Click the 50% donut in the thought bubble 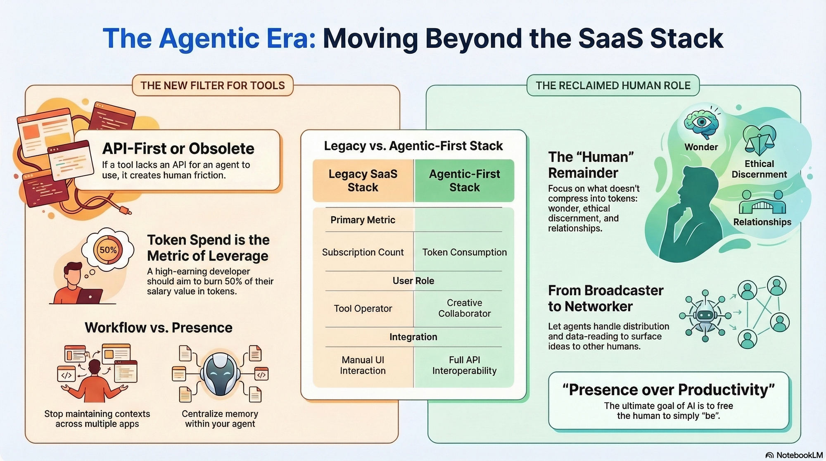[x=108, y=250]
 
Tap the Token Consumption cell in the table [x=464, y=252]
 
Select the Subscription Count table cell [x=363, y=252]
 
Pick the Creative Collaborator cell [x=464, y=308]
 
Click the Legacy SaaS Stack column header [x=363, y=181]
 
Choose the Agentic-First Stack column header [x=464, y=181]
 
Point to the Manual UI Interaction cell [x=363, y=365]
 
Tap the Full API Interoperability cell [x=464, y=365]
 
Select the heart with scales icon [x=759, y=140]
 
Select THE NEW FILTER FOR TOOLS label [x=213, y=86]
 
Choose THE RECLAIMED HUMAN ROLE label [x=613, y=86]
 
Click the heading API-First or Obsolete [x=178, y=148]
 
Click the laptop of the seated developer [x=90, y=296]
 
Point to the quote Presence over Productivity [x=669, y=390]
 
